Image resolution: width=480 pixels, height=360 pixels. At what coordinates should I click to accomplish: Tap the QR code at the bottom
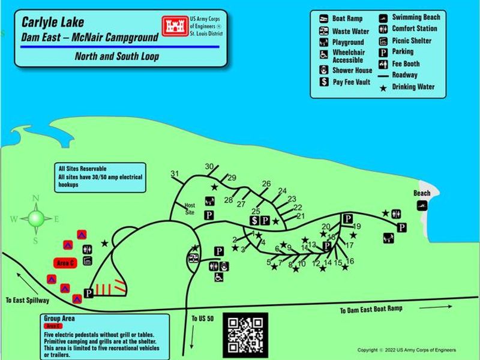coord(245,334)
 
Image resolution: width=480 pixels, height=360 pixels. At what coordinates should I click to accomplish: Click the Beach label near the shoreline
coord(422,193)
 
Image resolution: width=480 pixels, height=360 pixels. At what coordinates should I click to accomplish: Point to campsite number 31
coord(175,174)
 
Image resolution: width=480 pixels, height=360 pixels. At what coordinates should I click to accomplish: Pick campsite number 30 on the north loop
coord(209,167)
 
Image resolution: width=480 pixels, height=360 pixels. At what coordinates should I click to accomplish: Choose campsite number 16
coord(350,261)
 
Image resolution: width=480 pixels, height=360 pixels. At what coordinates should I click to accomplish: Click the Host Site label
coord(190,208)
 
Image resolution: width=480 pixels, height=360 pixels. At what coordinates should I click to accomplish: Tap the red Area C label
coord(64,263)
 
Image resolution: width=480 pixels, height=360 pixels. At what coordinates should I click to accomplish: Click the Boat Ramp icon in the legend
coord(323,19)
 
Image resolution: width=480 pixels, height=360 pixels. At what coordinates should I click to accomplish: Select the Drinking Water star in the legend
coord(383,88)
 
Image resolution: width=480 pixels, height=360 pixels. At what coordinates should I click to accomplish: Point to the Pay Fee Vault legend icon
coord(323,82)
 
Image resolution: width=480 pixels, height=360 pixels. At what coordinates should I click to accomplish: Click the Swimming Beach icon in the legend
coord(383,17)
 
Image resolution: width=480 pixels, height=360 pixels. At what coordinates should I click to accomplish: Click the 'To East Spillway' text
coord(28,299)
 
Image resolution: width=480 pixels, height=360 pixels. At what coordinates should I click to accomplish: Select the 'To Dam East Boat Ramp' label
coord(371,310)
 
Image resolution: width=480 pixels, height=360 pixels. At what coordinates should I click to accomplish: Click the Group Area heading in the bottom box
coord(59,319)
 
